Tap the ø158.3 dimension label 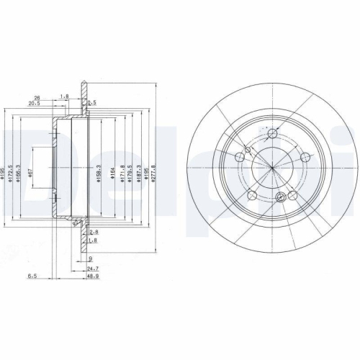[96, 173]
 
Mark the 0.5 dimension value [92, 103]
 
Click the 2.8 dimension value [94, 232]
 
